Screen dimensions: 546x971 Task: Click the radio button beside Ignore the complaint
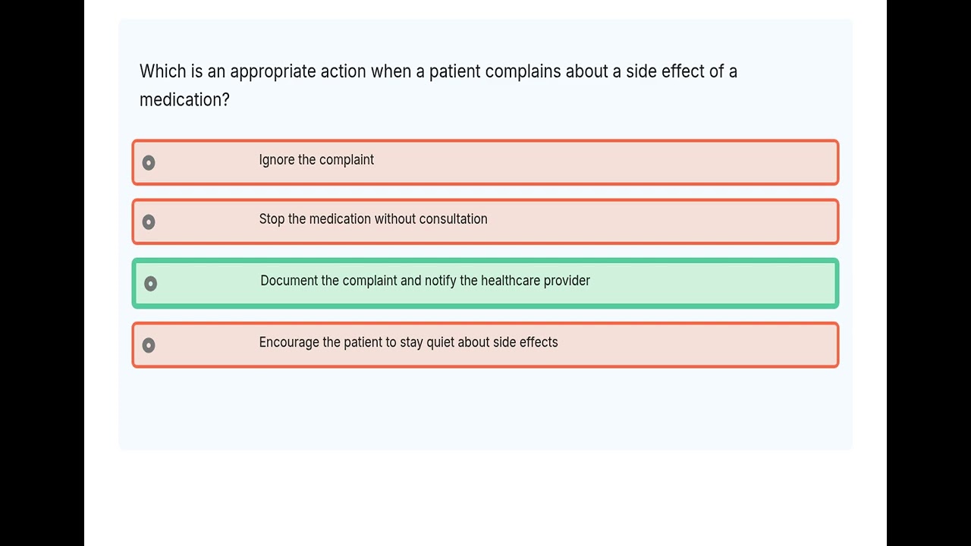(x=149, y=162)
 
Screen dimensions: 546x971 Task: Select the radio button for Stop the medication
(x=149, y=221)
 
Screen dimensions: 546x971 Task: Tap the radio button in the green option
(x=150, y=284)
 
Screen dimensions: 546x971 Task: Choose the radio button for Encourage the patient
(x=149, y=345)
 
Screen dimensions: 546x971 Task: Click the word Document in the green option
(x=289, y=281)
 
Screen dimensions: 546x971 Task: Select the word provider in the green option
(x=567, y=281)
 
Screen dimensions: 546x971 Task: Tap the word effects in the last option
(x=539, y=343)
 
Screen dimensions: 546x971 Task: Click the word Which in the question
(x=162, y=71)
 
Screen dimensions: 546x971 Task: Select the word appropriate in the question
(x=273, y=72)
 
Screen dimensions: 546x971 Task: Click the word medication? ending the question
(x=184, y=99)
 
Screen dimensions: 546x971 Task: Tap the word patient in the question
(x=454, y=71)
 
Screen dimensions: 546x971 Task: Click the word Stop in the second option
(x=272, y=219)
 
